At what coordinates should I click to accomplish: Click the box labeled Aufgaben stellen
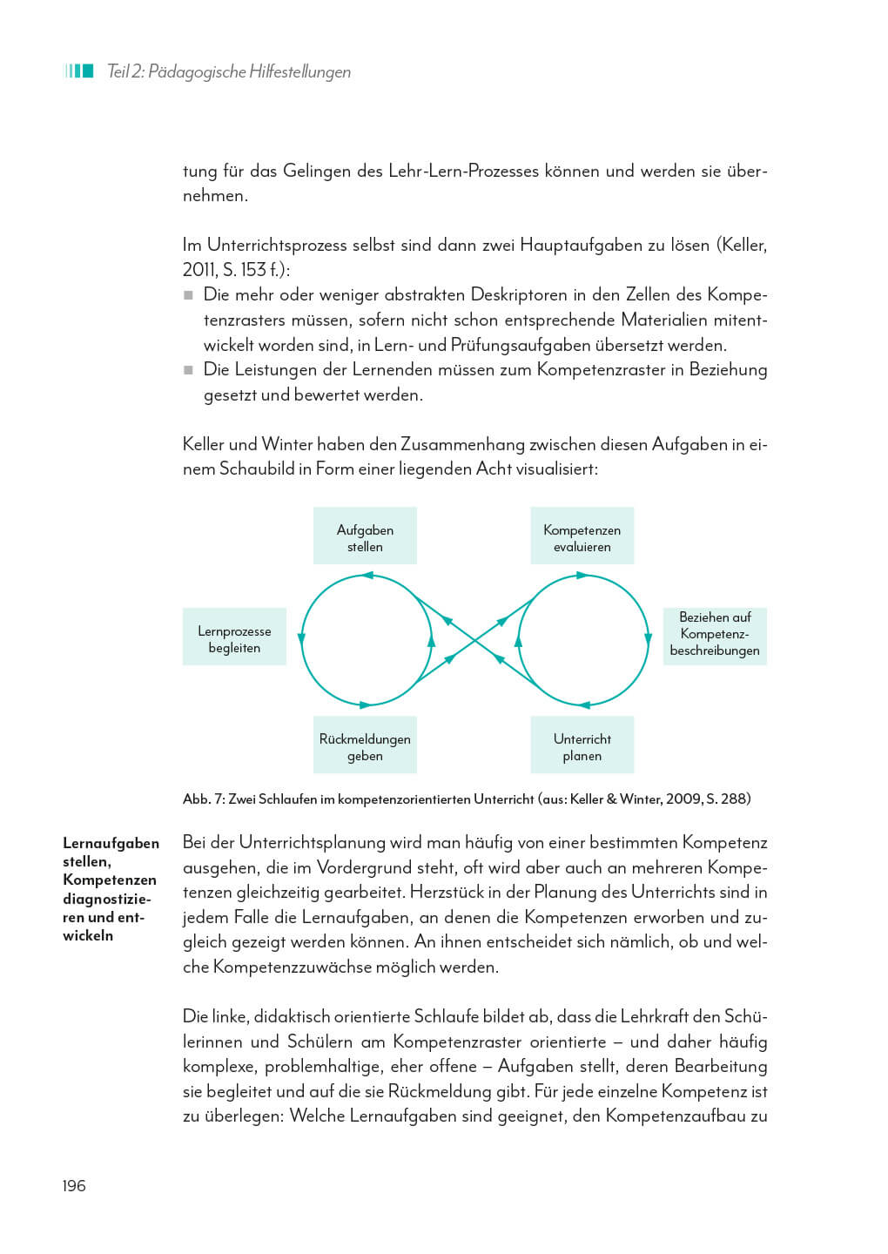(x=365, y=537)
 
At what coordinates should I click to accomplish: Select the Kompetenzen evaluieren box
(x=582, y=537)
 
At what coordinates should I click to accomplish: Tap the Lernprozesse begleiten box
(x=234, y=638)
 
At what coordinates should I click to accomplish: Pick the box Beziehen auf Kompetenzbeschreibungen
(x=714, y=633)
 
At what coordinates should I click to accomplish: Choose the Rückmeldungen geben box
(x=365, y=746)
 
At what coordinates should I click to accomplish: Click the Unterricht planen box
(x=582, y=746)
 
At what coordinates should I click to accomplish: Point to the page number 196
(x=74, y=1185)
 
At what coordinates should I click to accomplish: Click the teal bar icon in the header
(x=78, y=71)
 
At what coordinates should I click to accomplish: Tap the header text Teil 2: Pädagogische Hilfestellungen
(x=228, y=71)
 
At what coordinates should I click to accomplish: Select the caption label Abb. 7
(x=203, y=799)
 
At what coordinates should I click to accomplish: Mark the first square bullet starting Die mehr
(x=188, y=295)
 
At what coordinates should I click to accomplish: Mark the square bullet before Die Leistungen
(x=188, y=370)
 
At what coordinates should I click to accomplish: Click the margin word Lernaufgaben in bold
(x=111, y=843)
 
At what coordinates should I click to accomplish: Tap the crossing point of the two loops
(x=475, y=640)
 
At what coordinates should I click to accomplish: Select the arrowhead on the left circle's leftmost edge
(x=301, y=638)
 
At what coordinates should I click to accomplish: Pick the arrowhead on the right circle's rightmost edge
(x=648, y=638)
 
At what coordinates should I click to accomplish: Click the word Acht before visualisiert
(x=494, y=469)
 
